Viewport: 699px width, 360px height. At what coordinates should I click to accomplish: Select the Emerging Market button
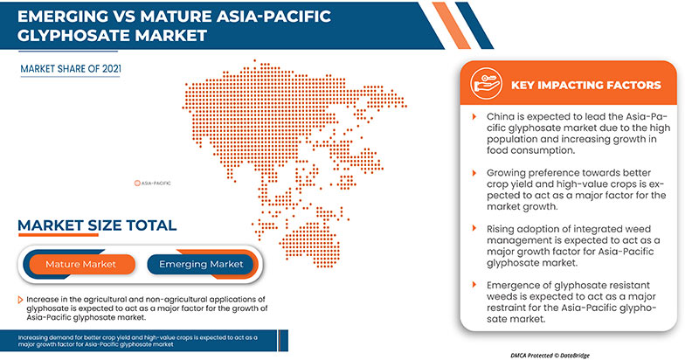point(202,263)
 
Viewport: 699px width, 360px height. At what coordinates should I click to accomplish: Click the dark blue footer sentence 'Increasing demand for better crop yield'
point(131,340)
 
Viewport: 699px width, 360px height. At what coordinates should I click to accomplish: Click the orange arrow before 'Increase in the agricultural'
point(20,299)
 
